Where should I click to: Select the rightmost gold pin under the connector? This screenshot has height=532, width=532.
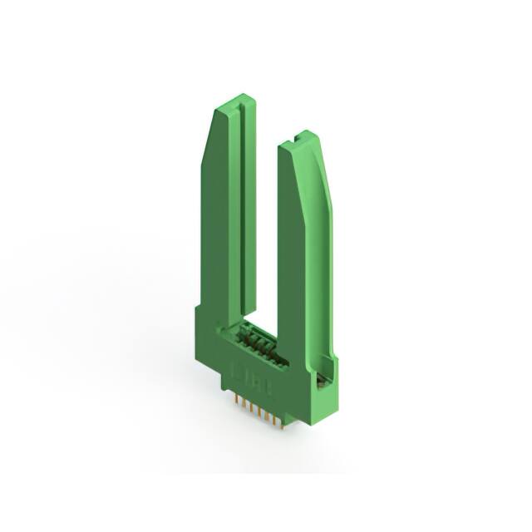pos(283,421)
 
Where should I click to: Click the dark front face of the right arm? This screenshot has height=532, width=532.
pos(295,266)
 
